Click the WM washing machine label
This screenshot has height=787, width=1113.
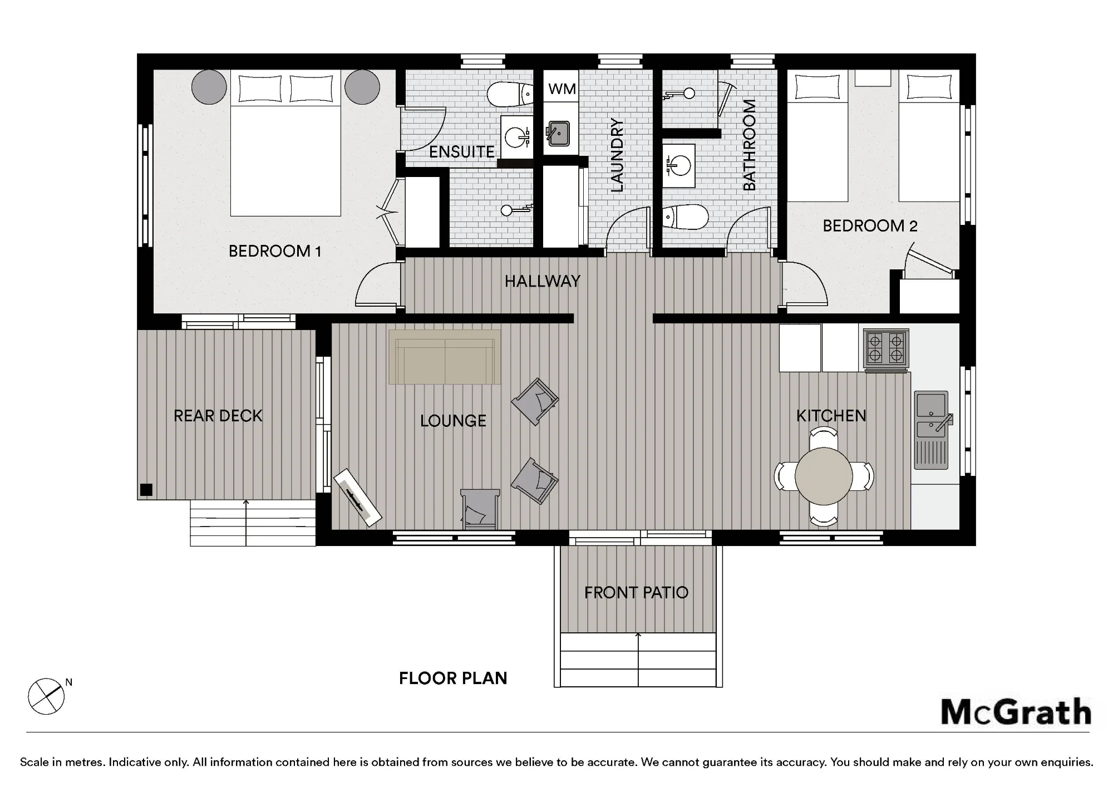point(562,89)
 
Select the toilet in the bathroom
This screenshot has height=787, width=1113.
point(685,217)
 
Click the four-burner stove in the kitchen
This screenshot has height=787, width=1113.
point(886,350)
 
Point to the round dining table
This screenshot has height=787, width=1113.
point(824,476)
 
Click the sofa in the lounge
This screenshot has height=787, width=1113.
point(445,357)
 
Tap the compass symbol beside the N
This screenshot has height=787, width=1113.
point(46,696)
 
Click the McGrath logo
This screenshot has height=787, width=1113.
point(1016,712)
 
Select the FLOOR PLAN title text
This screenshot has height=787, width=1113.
point(453,678)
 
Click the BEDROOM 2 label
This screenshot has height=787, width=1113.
point(870,225)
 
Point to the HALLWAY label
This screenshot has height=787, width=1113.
point(543,281)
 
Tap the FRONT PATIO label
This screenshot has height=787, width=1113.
point(636,592)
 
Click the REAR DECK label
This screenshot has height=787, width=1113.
point(218,416)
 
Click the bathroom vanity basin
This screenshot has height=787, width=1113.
point(678,165)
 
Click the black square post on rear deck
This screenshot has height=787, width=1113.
point(146,490)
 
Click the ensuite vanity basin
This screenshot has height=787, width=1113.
point(517,137)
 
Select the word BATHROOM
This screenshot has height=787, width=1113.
point(750,145)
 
